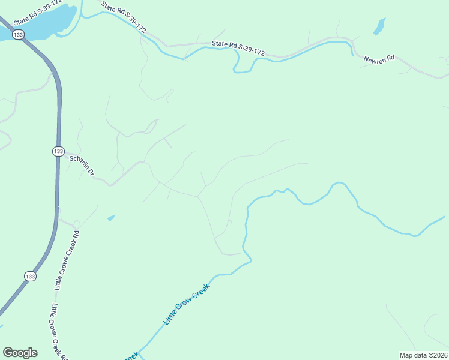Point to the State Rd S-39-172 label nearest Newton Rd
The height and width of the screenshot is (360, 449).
pos(238,48)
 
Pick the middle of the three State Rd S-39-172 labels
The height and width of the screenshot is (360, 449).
pos(124,17)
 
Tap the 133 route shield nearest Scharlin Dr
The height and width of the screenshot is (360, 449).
pos(58,151)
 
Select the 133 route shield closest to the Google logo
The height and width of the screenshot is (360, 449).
pos(31,276)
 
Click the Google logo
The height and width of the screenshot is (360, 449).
pos(20,353)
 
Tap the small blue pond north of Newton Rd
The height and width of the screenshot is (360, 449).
pos(379,26)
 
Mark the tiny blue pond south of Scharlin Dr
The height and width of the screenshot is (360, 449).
pos(110,218)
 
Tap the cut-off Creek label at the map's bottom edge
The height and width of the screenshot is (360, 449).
pos(132,356)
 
